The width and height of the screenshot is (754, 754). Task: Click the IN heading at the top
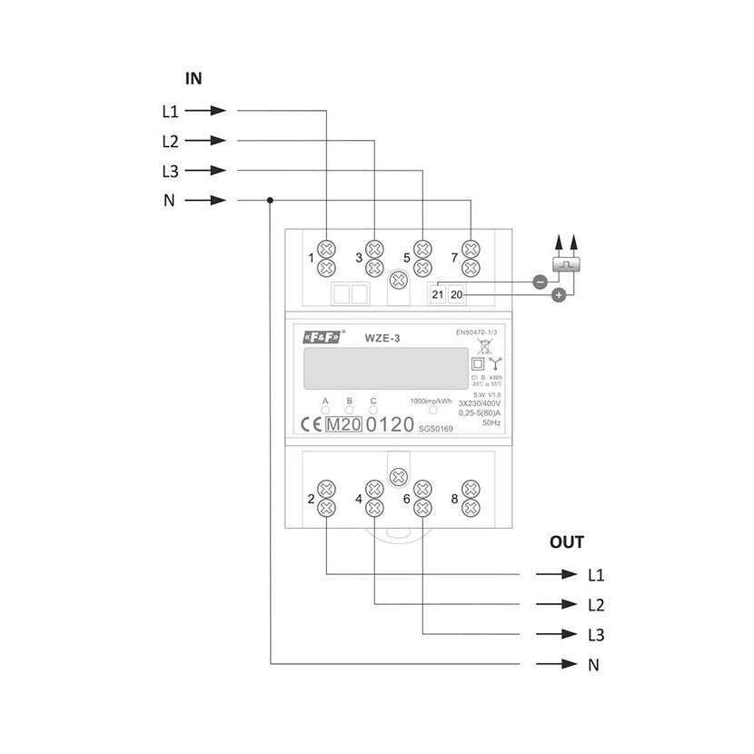coord(193,79)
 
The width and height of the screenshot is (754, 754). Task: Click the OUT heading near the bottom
coord(567,542)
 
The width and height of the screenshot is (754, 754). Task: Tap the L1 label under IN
coord(170,112)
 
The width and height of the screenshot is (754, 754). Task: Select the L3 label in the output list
coord(596,635)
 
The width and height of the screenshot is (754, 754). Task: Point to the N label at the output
coord(593,665)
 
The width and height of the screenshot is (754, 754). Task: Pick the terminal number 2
coord(312,499)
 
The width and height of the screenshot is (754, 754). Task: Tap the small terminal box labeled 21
coord(438,294)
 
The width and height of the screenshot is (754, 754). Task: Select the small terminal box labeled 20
coord(456,294)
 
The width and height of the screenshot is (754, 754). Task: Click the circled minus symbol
coord(539,282)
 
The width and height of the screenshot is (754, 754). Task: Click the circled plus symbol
coord(559,295)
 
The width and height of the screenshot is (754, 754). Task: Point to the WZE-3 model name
coord(383,339)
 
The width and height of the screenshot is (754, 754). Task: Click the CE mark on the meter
coord(309,424)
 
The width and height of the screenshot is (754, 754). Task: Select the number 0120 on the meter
coord(389,424)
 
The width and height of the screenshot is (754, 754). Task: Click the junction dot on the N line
coord(271,201)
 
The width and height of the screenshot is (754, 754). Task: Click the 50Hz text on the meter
coord(492,422)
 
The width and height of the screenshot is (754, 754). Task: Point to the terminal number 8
coord(453,499)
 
